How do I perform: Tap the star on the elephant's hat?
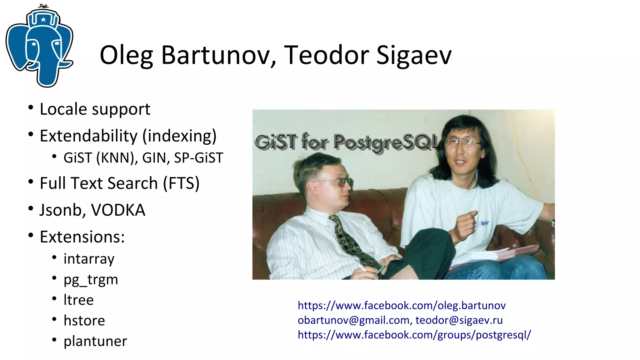(x=43, y=20)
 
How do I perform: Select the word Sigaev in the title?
(x=414, y=55)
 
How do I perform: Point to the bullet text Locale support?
(x=95, y=109)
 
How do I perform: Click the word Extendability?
(x=88, y=136)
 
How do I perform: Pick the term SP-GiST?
(x=198, y=158)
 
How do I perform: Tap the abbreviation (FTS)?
(x=181, y=183)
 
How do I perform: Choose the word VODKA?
(x=118, y=210)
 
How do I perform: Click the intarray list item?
(x=89, y=259)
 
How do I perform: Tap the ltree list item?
(x=78, y=300)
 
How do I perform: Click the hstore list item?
(x=84, y=321)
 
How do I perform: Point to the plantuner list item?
(x=95, y=341)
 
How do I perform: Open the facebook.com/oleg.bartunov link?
(x=402, y=305)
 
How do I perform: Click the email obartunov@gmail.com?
(x=353, y=320)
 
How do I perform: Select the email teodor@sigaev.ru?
(x=459, y=320)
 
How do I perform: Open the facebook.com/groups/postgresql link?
(x=414, y=335)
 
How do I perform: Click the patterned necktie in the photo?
(x=350, y=241)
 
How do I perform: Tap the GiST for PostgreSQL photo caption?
(x=347, y=142)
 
